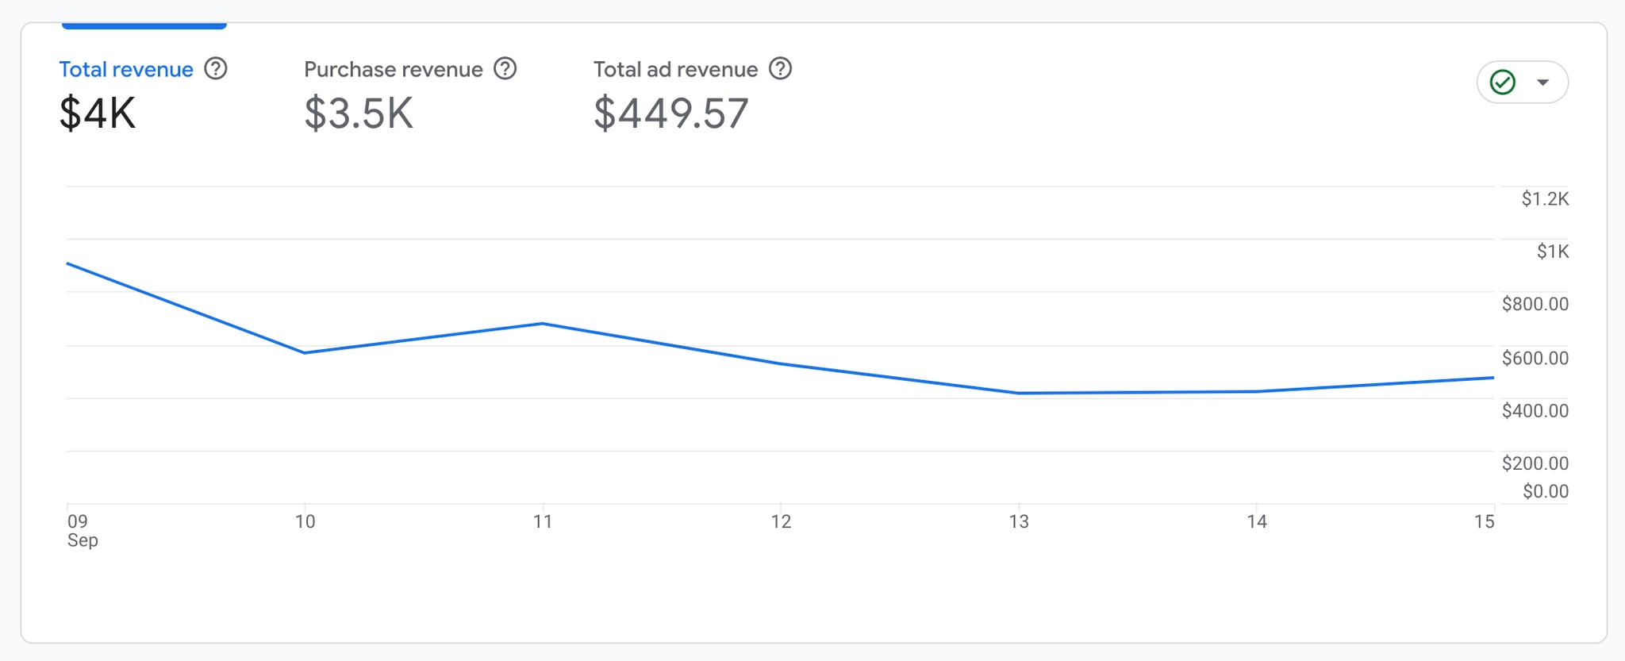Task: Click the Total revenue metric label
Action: click(x=126, y=70)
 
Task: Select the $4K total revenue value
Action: click(x=98, y=113)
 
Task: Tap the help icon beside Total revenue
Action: click(x=215, y=69)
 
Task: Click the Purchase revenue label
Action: click(x=393, y=70)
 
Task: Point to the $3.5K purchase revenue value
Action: click(x=359, y=113)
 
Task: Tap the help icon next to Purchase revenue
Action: click(x=505, y=69)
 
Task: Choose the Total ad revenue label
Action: click(x=675, y=70)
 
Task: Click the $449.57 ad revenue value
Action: click(x=670, y=113)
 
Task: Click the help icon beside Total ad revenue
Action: click(x=781, y=69)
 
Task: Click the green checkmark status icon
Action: click(x=1503, y=82)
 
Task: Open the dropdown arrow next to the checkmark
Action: click(x=1542, y=82)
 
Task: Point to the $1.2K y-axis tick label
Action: click(x=1545, y=199)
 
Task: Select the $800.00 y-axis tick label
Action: click(x=1535, y=304)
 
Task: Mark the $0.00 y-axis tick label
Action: click(x=1545, y=491)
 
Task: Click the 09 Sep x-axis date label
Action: click(x=79, y=530)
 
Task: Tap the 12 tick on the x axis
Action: click(x=781, y=521)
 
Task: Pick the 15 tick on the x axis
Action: click(x=1484, y=521)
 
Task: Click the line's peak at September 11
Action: click(x=543, y=324)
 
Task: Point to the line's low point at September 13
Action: click(x=1019, y=393)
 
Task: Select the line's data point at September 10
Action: click(x=305, y=352)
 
